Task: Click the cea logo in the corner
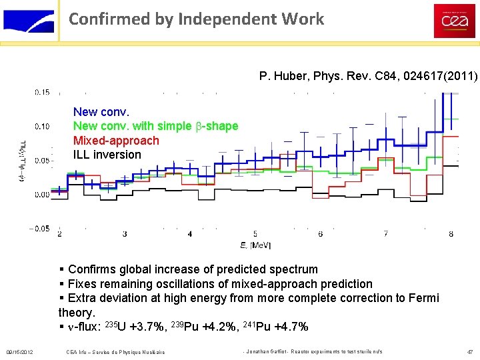tap(455, 21)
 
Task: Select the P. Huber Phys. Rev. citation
tap(368, 77)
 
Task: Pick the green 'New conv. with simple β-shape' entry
tap(155, 126)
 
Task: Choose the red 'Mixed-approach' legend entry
tap(116, 140)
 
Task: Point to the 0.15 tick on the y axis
tap(42, 92)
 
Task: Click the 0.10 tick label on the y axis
tap(42, 126)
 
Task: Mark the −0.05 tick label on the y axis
tap(39, 229)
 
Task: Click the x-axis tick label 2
tap(60, 234)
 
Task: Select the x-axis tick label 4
tap(190, 234)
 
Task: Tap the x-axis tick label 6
tap(321, 234)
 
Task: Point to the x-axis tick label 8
tap(451, 234)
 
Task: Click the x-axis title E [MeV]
tap(255, 245)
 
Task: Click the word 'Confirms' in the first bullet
tap(93, 269)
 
